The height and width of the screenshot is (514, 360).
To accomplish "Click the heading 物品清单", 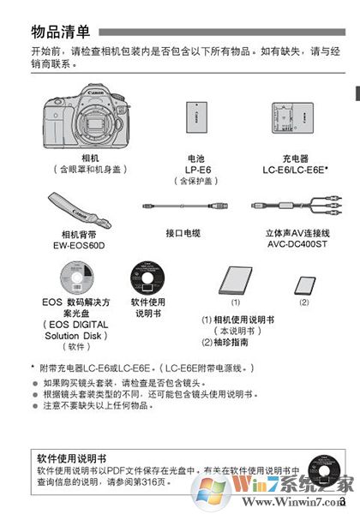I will pyautogui.click(x=60, y=33).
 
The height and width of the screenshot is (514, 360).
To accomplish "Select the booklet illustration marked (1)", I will pyautogui.click(x=234, y=281).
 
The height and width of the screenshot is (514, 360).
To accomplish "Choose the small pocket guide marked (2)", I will pyautogui.click(x=303, y=284).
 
